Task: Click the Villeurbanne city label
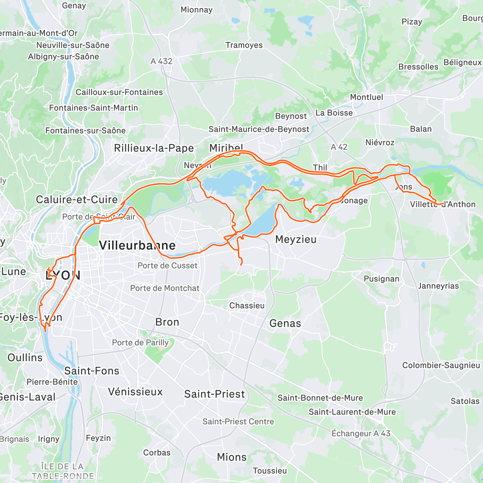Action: pyautogui.click(x=137, y=245)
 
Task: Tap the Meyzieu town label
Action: pyautogui.click(x=296, y=239)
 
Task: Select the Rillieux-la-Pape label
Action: pyautogui.click(x=154, y=148)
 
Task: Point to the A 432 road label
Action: pyautogui.click(x=161, y=61)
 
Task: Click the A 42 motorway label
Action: pyautogui.click(x=339, y=147)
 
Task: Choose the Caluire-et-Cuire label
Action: pyautogui.click(x=77, y=200)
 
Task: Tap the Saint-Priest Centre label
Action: pyautogui.click(x=238, y=421)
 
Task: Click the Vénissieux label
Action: pyautogui.click(x=135, y=392)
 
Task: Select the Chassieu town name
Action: pyautogui.click(x=247, y=305)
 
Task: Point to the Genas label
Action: pyautogui.click(x=285, y=323)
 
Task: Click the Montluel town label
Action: pyautogui.click(x=366, y=97)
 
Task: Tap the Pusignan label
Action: pyautogui.click(x=381, y=279)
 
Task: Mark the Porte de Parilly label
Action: pyautogui.click(x=140, y=343)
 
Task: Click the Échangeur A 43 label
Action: pyautogui.click(x=361, y=433)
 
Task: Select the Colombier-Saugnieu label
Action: pyautogui.click(x=441, y=365)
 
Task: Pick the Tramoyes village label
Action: pyautogui.click(x=244, y=45)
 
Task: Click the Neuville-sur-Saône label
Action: pyautogui.click(x=73, y=45)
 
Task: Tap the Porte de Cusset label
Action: pyautogui.click(x=167, y=266)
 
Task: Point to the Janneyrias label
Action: pyautogui.click(x=438, y=286)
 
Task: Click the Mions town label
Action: pyautogui.click(x=231, y=457)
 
